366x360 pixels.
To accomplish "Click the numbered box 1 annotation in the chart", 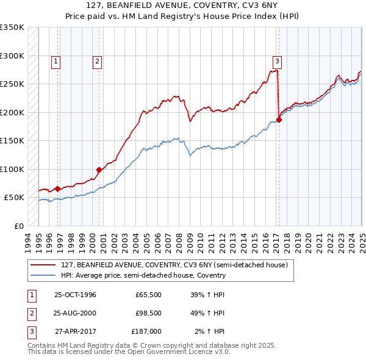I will (x=56, y=60).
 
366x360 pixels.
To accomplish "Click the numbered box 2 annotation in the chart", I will (x=97, y=60).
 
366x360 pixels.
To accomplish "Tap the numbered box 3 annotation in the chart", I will (x=277, y=60).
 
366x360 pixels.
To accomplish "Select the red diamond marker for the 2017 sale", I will (x=279, y=120).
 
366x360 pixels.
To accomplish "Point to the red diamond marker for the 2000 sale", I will (x=99, y=170).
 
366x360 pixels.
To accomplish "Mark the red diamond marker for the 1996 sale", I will (x=58, y=189).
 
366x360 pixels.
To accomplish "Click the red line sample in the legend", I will (x=43, y=265).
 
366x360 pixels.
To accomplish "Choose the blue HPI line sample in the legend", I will (x=43, y=275).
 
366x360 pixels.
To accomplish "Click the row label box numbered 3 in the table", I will (x=30, y=331).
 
